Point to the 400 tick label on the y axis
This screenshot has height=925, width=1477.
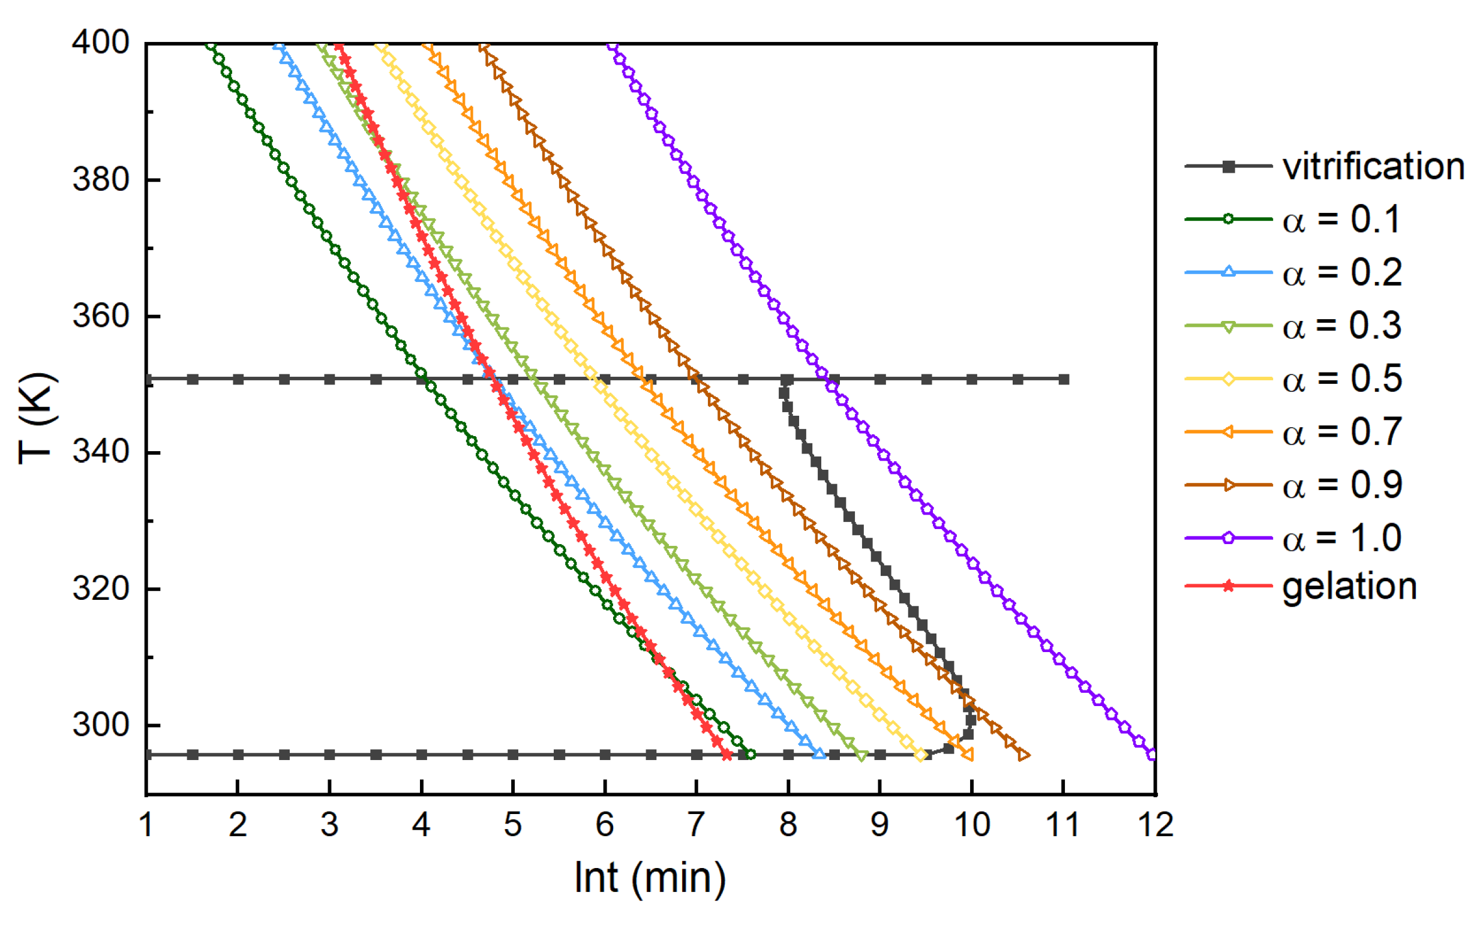101,43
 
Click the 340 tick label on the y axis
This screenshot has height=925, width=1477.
101,452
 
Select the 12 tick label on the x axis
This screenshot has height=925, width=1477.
1155,825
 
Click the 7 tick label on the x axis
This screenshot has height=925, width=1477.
697,825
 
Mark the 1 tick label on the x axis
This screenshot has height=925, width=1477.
146,825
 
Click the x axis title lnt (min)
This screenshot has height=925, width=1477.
650,878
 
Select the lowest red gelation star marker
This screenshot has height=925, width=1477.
727,755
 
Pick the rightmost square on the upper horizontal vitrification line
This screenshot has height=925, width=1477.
1064,379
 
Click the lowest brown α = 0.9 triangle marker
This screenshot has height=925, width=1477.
1023,755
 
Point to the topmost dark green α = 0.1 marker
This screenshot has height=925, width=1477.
211,45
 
